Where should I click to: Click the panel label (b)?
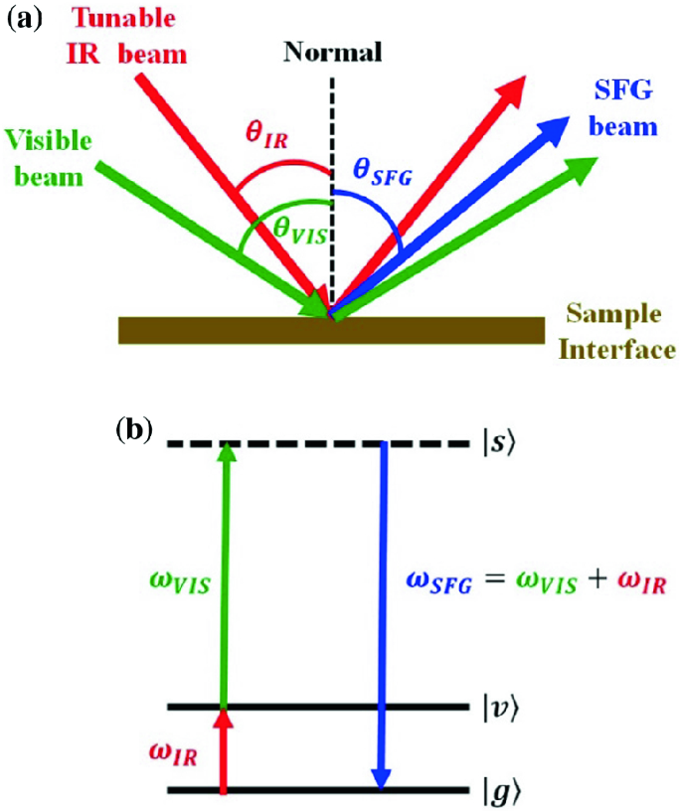coord(134,429)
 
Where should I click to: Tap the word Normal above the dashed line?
coord(332,52)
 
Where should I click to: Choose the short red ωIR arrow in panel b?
coord(223,750)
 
